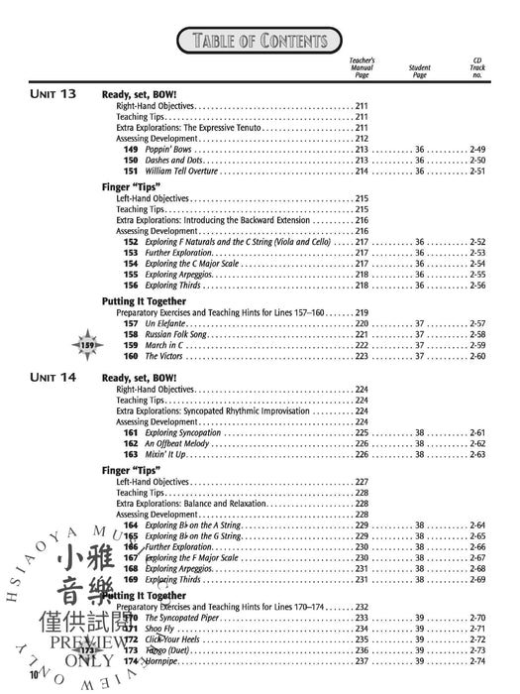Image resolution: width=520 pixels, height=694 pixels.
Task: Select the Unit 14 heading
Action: coord(53,378)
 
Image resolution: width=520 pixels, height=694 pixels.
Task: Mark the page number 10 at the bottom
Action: coord(34,675)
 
